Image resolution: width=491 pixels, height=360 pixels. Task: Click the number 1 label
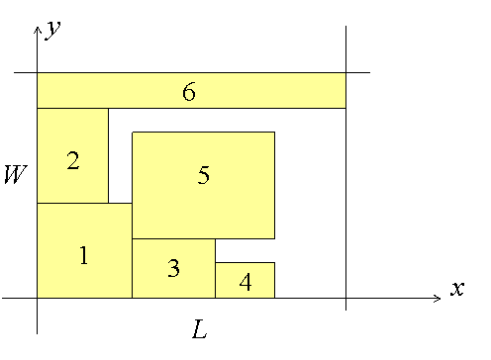click(84, 255)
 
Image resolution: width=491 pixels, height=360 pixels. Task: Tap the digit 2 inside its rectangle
click(73, 160)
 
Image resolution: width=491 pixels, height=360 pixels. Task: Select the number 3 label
click(173, 268)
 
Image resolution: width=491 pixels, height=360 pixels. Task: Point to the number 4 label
click(245, 282)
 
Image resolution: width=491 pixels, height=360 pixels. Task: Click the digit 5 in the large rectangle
click(203, 174)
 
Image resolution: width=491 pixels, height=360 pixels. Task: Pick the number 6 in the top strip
click(189, 91)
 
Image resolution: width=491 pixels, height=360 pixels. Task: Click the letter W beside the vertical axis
click(15, 174)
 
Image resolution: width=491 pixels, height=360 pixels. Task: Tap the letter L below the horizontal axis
click(200, 329)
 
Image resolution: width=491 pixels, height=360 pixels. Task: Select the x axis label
click(457, 289)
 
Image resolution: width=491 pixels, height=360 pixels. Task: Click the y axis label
click(53, 30)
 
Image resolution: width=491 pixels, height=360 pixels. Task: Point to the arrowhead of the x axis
click(441, 299)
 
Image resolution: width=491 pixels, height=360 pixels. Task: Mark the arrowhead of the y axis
click(38, 27)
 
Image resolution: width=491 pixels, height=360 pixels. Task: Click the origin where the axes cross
click(38, 299)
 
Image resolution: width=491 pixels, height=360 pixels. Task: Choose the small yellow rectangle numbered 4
click(245, 280)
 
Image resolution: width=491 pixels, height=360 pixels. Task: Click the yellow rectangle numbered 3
click(173, 268)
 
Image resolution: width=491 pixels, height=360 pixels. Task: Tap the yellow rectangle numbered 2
click(72, 155)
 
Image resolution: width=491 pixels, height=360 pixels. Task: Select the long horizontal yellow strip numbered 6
click(191, 90)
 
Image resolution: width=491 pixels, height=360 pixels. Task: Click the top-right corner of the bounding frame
click(345, 72)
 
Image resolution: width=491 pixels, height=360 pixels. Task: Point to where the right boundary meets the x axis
click(345, 299)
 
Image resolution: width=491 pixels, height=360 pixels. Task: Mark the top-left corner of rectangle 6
click(38, 72)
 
